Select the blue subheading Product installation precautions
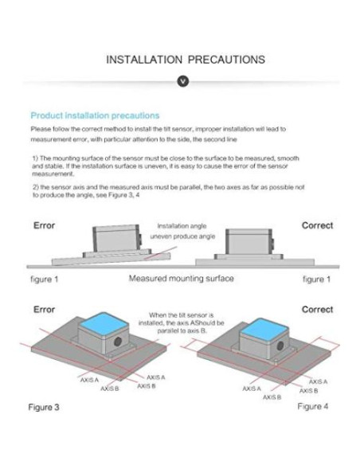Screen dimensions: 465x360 [x=95, y=115]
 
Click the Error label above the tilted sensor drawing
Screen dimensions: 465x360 [x=45, y=225]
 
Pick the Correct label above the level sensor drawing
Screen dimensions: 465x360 [x=317, y=225]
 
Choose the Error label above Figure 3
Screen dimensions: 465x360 [x=45, y=308]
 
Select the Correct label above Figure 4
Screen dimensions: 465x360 [x=317, y=308]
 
